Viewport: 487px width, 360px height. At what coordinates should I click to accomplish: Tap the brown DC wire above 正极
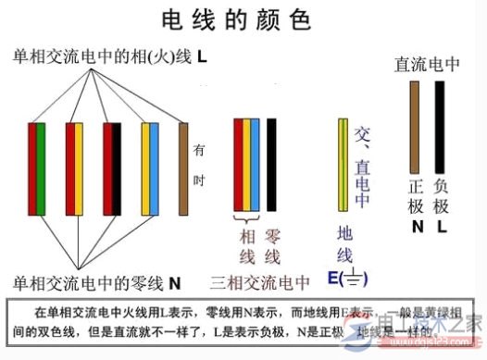point(415,125)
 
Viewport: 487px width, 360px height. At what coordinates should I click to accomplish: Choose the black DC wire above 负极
point(440,125)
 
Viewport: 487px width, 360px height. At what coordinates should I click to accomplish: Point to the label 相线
point(246,245)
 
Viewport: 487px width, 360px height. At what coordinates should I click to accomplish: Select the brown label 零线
point(272,245)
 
